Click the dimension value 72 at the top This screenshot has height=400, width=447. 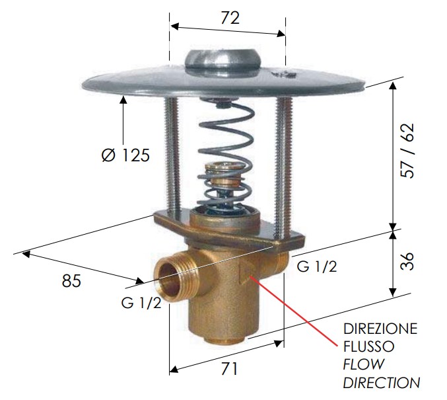click(x=230, y=19)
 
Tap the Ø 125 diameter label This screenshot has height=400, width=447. click(x=125, y=155)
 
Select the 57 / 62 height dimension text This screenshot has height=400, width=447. click(x=407, y=151)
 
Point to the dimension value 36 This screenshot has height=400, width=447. click(x=407, y=261)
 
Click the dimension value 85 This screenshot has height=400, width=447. click(x=71, y=280)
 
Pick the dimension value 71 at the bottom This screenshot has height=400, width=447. click(x=229, y=369)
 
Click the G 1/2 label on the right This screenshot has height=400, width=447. click(x=317, y=266)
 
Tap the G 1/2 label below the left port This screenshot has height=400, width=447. click(x=141, y=303)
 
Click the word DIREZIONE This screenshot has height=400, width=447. click(x=380, y=329)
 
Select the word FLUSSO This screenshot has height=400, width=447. click(x=368, y=346)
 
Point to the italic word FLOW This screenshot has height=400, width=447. click(x=363, y=364)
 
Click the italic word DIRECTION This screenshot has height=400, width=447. click(x=382, y=383)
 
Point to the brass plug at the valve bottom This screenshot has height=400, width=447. click(x=224, y=341)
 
